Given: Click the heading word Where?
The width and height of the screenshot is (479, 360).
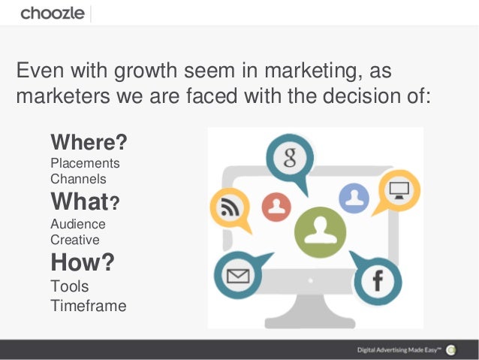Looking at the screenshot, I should [x=89, y=142].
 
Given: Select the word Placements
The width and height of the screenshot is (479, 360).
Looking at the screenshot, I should [x=85, y=163].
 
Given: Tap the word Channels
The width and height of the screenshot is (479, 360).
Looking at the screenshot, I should [x=78, y=179].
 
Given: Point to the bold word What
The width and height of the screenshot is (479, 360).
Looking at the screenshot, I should [x=80, y=202].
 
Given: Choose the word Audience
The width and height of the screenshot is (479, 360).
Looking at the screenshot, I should [x=78, y=224].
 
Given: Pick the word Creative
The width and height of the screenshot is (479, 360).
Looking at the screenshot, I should [x=75, y=240].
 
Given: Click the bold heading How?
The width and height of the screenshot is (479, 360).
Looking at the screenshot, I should [x=83, y=263].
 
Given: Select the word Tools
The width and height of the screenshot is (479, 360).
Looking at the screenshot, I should [x=69, y=286].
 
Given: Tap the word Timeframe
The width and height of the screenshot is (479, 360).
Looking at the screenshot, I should [x=88, y=306].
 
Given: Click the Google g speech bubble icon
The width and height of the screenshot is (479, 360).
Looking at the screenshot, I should [x=288, y=158].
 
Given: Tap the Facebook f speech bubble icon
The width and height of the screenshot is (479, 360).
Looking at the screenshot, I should [x=377, y=281].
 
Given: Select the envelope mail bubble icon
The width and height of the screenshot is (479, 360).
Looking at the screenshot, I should [x=239, y=276].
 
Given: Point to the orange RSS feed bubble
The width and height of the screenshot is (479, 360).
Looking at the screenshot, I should [x=229, y=206].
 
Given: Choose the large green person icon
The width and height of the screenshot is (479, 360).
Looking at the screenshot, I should [x=321, y=232].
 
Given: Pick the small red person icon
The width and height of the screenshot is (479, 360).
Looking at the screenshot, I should [x=277, y=206].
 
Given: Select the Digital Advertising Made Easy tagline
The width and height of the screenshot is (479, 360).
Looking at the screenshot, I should [x=398, y=349].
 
